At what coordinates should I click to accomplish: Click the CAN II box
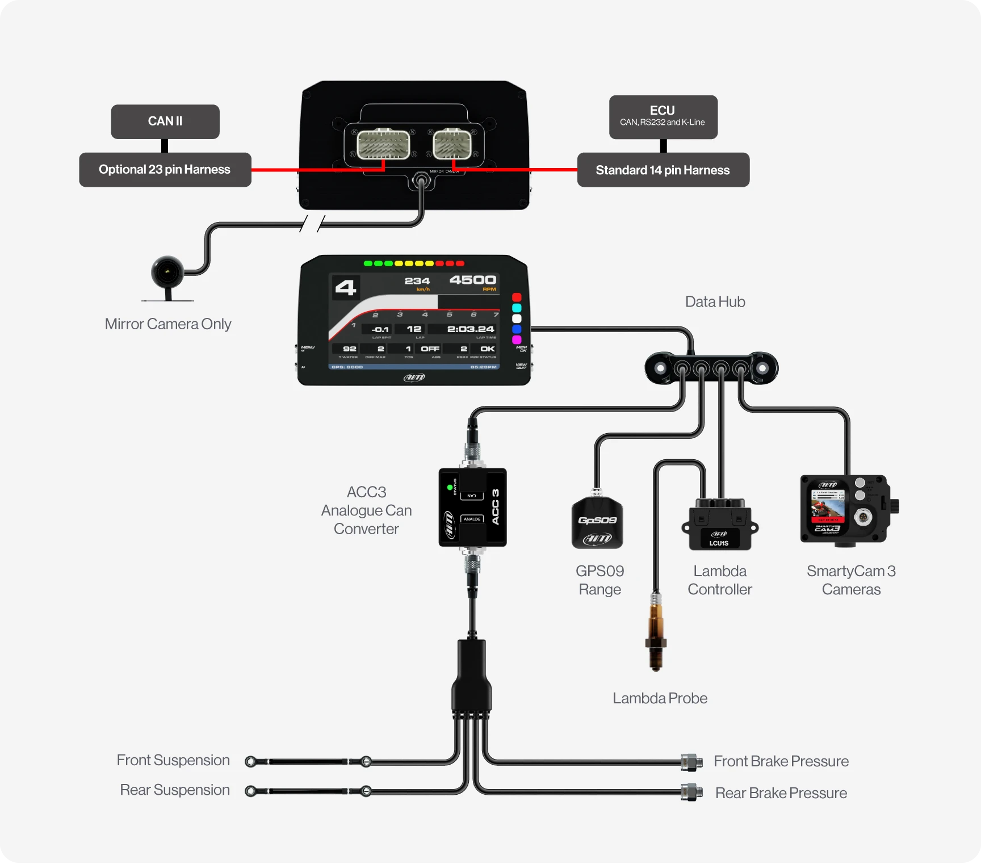(x=165, y=121)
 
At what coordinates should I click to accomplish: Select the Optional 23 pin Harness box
(x=165, y=170)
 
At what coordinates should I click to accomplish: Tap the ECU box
(x=663, y=117)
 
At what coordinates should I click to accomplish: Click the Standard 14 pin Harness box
(x=663, y=170)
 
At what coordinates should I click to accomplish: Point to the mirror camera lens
(x=167, y=272)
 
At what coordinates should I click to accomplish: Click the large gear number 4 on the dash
(x=345, y=288)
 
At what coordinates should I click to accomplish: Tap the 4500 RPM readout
(x=472, y=280)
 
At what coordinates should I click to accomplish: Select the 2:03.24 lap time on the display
(x=470, y=329)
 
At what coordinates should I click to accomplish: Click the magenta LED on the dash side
(x=517, y=339)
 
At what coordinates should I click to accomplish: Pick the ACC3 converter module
(x=472, y=508)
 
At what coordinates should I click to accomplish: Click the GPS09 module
(x=597, y=523)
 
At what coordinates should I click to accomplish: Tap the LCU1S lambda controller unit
(x=720, y=525)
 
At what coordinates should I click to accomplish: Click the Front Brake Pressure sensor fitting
(x=691, y=762)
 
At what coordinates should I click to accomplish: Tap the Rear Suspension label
(x=175, y=790)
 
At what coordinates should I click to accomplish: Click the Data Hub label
(x=715, y=302)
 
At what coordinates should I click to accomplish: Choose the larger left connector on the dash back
(x=383, y=145)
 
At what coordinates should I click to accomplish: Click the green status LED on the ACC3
(x=450, y=487)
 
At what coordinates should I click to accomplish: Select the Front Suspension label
(x=173, y=761)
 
